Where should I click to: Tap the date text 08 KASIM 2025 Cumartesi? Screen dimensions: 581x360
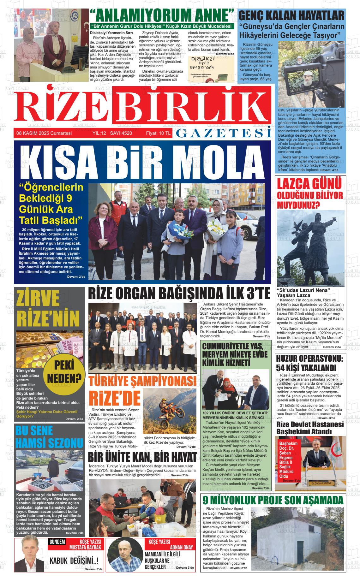44,133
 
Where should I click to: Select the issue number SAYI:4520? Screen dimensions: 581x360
121,133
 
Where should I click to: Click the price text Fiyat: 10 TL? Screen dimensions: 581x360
158,133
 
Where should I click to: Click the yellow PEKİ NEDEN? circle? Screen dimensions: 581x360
64,371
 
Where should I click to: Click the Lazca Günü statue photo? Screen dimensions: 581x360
310,248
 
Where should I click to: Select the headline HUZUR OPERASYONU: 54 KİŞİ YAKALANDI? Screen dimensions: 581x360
310,363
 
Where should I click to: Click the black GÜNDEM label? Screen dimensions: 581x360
57,542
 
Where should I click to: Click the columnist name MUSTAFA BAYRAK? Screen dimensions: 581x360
85,547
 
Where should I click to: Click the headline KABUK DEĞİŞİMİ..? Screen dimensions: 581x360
74,560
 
